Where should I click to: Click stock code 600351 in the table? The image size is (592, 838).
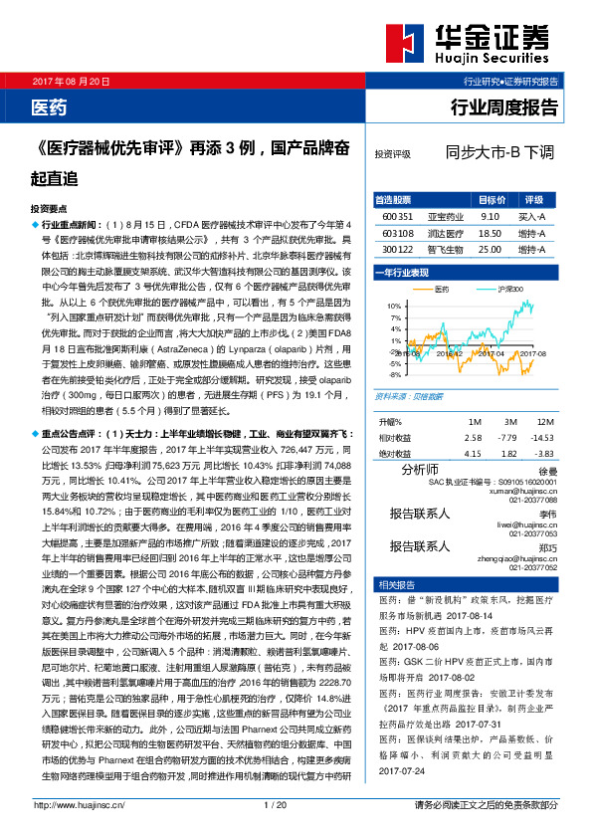[397, 215]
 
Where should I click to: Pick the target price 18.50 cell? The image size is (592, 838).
[489, 232]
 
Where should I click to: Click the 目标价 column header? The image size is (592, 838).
[489, 199]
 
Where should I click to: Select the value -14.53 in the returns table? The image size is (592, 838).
[542, 410]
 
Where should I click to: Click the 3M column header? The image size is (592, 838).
[509, 394]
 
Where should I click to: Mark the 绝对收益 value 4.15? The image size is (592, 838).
[473, 425]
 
